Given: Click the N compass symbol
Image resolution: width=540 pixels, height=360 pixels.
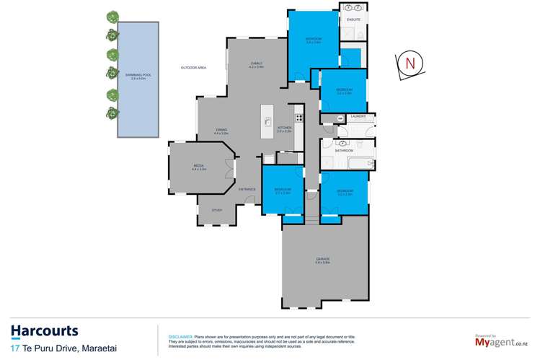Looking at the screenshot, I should point(410,63).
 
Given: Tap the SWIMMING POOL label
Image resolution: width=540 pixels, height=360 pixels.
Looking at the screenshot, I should point(128,76).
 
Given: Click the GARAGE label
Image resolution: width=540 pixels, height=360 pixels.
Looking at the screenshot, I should point(322,259).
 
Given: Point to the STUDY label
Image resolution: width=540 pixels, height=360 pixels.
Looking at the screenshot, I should point(216,211).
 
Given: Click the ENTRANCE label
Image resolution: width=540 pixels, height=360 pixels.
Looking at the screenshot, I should point(247,189).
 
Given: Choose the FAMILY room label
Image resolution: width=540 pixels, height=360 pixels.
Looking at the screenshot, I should point(256,63).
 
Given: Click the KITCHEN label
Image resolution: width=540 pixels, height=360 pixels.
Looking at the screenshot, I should point(283,128).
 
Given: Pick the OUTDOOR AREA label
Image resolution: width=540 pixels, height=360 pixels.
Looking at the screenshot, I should point(193,68).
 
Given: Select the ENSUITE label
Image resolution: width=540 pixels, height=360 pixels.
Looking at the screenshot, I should point(353,19).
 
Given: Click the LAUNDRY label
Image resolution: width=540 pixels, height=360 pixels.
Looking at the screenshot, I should point(358,115).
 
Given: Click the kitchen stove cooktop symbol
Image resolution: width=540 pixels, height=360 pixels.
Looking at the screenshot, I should point(298,117).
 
